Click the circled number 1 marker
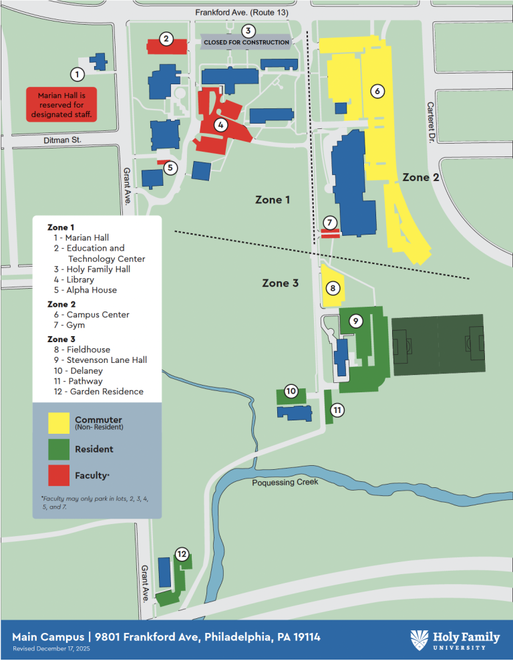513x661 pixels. pyautogui.click(x=77, y=74)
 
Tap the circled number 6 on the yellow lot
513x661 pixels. pyautogui.click(x=377, y=91)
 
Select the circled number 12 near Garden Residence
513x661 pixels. pyautogui.click(x=181, y=553)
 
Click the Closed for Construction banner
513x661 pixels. pyautogui.click(x=246, y=42)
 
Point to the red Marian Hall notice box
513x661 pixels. pyautogui.click(x=62, y=105)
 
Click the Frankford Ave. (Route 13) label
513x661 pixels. pyautogui.click(x=241, y=12)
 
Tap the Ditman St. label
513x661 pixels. pyautogui.click(x=62, y=140)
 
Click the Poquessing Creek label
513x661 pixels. pyautogui.click(x=285, y=482)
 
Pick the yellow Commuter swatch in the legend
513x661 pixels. pyautogui.click(x=58, y=422)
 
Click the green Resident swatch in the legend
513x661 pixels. pyautogui.click(x=58, y=449)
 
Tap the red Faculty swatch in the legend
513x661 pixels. pyautogui.click(x=58, y=475)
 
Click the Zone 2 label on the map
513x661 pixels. pyautogui.click(x=420, y=177)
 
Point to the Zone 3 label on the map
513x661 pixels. pyautogui.click(x=280, y=283)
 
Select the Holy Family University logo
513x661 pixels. pyautogui.click(x=455, y=640)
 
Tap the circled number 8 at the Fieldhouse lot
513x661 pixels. pyautogui.click(x=332, y=289)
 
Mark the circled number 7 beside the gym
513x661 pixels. pyautogui.click(x=329, y=223)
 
